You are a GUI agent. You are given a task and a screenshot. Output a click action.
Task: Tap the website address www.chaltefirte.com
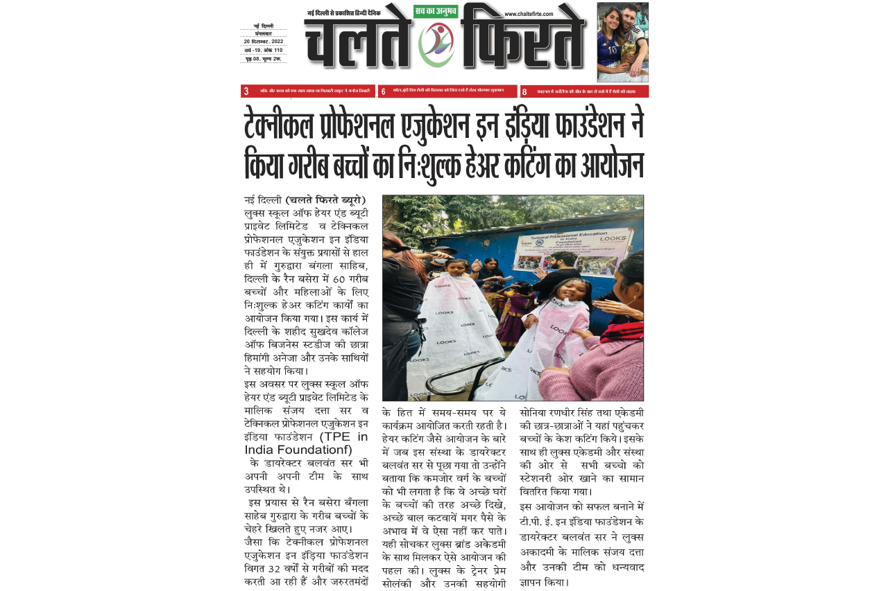coord(529,14)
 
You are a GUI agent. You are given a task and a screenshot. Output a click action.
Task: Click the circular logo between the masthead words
coord(436,44)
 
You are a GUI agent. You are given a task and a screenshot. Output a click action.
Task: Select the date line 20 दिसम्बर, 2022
coord(264,42)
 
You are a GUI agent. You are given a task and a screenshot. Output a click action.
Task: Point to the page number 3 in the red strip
coord(246,91)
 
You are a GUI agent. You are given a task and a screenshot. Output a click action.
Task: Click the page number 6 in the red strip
coord(384,91)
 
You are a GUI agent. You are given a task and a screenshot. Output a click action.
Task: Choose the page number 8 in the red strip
coord(524,91)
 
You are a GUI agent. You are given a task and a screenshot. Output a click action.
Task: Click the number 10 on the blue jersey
coord(611,50)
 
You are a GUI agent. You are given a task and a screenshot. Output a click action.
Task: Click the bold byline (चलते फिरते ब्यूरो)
coord(325,201)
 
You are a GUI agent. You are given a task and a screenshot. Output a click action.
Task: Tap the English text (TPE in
coord(343,436)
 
